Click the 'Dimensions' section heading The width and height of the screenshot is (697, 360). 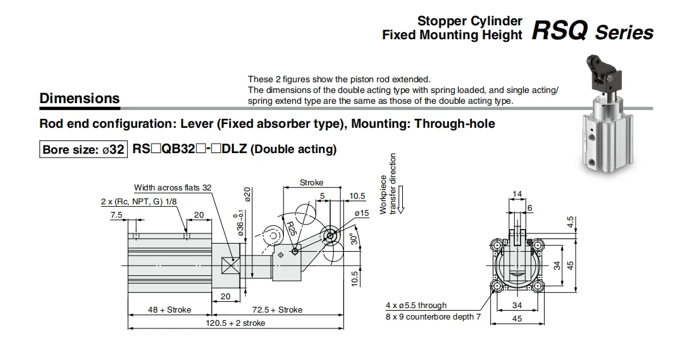tap(79, 99)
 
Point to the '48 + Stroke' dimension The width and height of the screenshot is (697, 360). tap(170, 310)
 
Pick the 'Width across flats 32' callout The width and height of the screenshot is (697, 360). tap(173, 188)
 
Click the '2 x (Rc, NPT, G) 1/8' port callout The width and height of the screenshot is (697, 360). tap(137, 201)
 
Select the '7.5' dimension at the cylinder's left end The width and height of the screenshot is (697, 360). tap(116, 215)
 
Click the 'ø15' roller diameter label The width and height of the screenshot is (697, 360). tap(361, 213)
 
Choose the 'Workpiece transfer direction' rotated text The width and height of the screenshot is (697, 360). tap(388, 183)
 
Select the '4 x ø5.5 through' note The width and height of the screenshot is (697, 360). tap(416, 306)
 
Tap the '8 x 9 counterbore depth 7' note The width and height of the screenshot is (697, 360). tap(433, 316)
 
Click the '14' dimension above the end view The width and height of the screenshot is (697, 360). tap(517, 194)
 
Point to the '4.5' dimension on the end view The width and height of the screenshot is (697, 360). tap(570, 223)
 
